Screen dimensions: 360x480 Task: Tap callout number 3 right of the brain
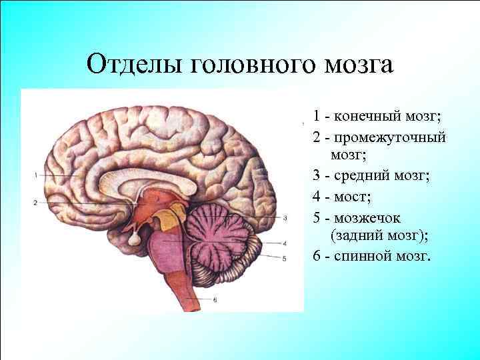click(x=285, y=217)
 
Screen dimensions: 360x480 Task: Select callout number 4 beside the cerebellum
click(x=285, y=243)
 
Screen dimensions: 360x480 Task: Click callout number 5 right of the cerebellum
click(x=285, y=258)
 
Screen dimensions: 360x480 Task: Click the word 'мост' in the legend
click(x=353, y=197)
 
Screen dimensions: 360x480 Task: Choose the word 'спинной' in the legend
click(x=365, y=256)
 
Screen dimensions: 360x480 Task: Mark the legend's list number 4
click(x=317, y=197)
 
